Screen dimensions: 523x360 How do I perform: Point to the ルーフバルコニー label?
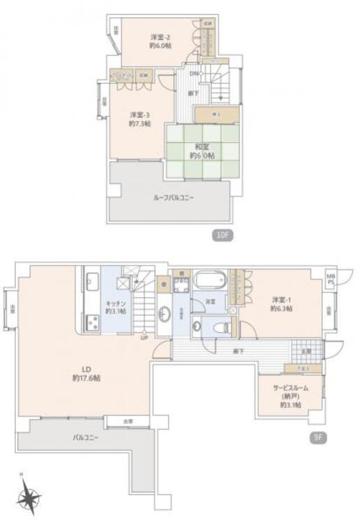tap(174, 197)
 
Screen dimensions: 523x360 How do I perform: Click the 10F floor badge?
tap(223, 235)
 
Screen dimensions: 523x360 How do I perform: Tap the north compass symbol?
tap(29, 499)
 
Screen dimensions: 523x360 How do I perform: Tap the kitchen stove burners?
tap(92, 323)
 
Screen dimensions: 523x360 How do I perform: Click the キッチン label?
tap(115, 307)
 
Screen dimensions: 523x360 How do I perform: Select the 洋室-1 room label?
tap(282, 303)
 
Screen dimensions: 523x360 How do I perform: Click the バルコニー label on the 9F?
tap(85, 438)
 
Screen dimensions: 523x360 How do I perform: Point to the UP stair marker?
tap(144, 339)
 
